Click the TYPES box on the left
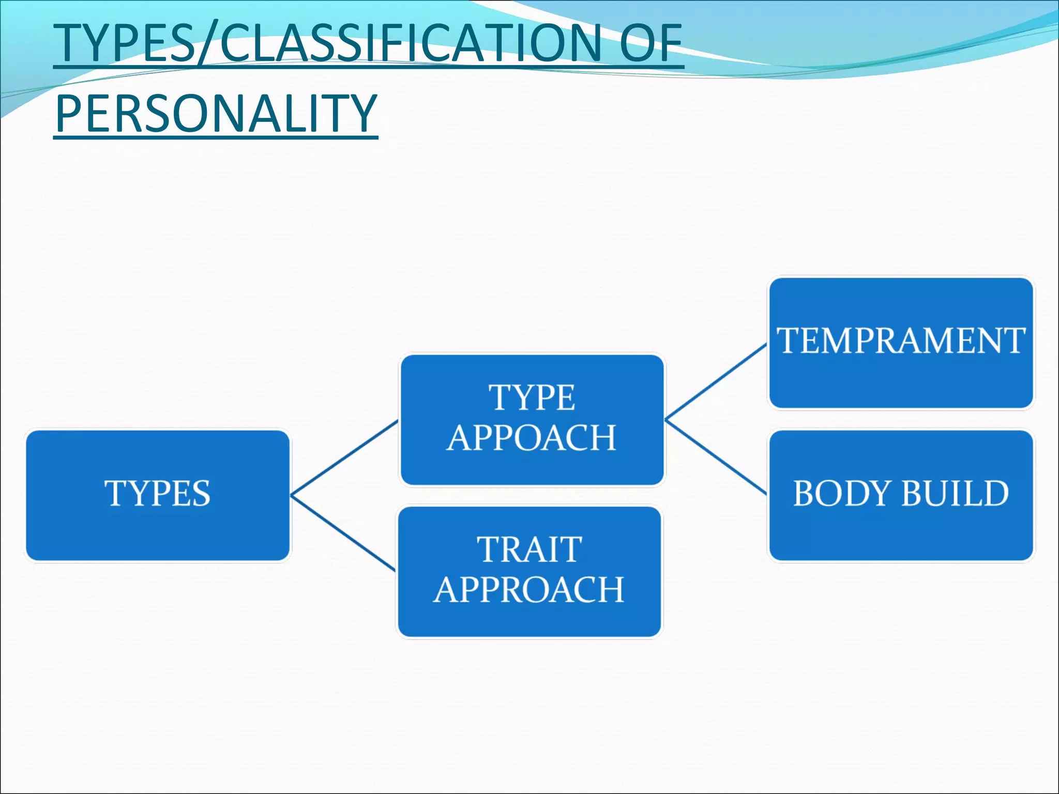tap(158, 495)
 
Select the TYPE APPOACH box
tap(532, 419)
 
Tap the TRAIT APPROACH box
tap(529, 571)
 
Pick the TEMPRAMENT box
tap(901, 343)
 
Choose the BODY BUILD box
tap(901, 495)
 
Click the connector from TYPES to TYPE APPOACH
tap(344, 457)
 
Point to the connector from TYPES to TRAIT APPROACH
tap(343, 533)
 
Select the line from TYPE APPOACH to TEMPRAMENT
tap(716, 381)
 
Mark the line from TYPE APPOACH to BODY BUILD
tap(716, 456)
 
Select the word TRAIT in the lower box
tap(529, 549)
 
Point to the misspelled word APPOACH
tap(532, 438)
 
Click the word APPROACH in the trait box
tap(529, 590)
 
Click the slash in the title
tap(208, 44)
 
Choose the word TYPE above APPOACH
tap(532, 398)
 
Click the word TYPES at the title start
tap(124, 43)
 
